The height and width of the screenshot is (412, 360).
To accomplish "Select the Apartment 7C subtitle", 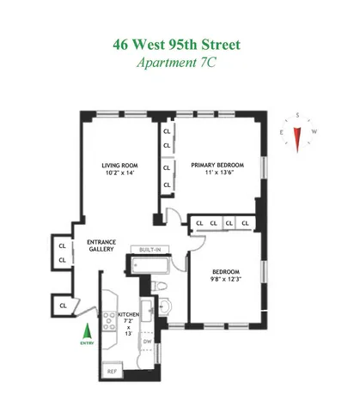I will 180,63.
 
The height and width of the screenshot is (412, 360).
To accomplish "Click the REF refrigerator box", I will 112,370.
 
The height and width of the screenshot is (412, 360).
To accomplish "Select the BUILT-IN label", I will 153,249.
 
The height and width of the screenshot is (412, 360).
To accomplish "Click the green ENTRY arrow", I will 84,330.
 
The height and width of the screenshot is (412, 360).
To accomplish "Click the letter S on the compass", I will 296,114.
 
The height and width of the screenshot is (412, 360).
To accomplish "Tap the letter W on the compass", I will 314,131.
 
